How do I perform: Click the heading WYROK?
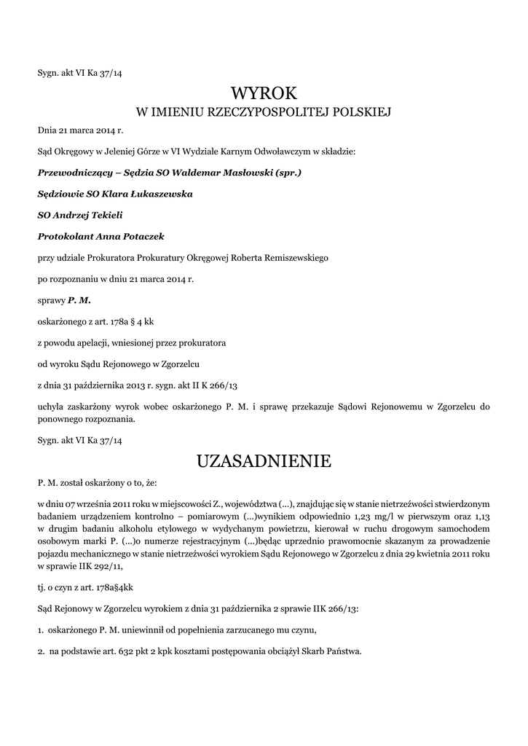click(264, 93)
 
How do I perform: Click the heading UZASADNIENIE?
click(264, 461)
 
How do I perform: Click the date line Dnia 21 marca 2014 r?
click(81, 131)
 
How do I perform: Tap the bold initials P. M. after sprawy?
click(79, 300)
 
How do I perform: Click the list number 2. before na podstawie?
click(42, 651)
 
